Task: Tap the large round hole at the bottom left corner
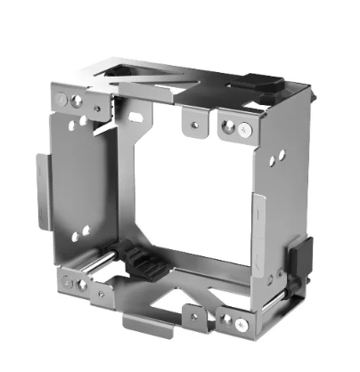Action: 83,286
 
